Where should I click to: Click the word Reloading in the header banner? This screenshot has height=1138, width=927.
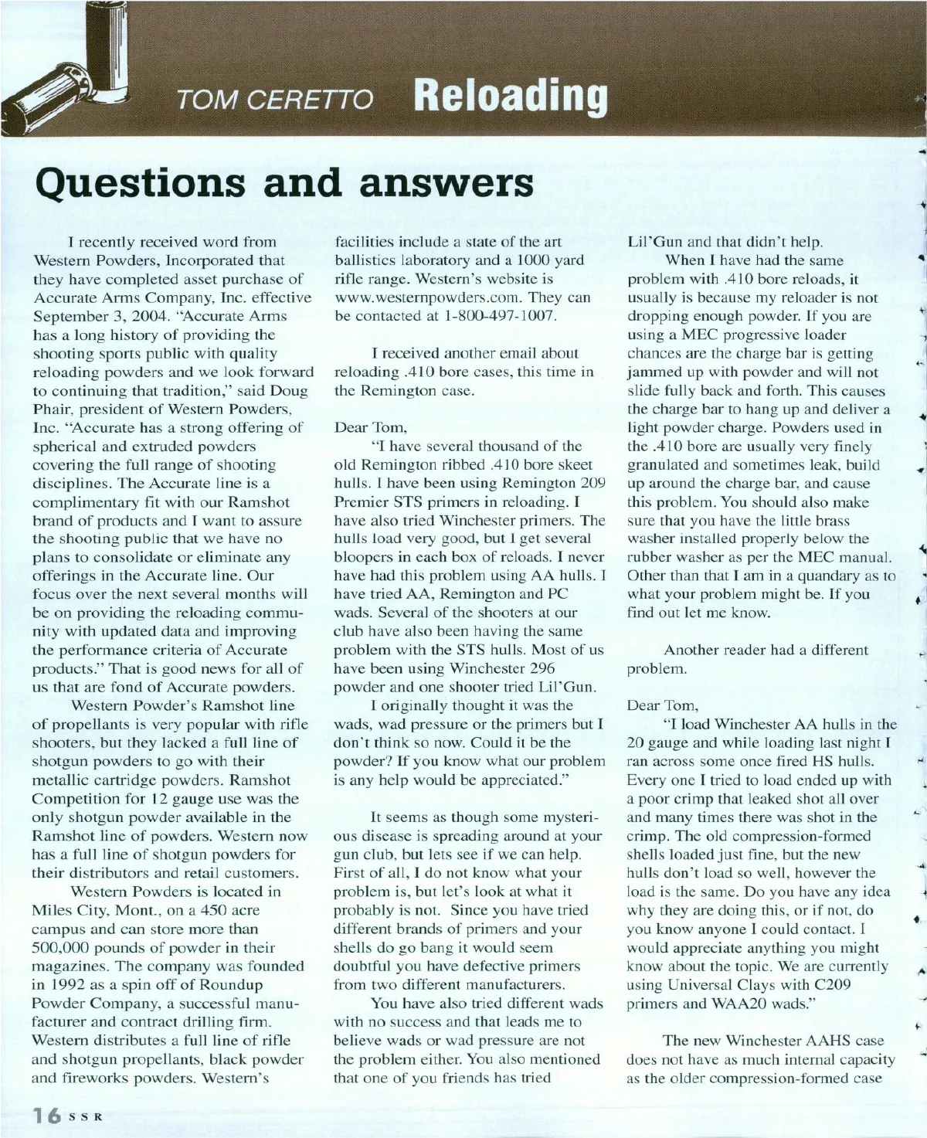pos(511,96)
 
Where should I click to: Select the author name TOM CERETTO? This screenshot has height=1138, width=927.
pos(275,100)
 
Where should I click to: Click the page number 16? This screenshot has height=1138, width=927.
pos(46,1115)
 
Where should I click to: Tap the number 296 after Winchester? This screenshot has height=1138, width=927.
pos(542,668)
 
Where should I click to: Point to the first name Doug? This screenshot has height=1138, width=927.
pos(290,390)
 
